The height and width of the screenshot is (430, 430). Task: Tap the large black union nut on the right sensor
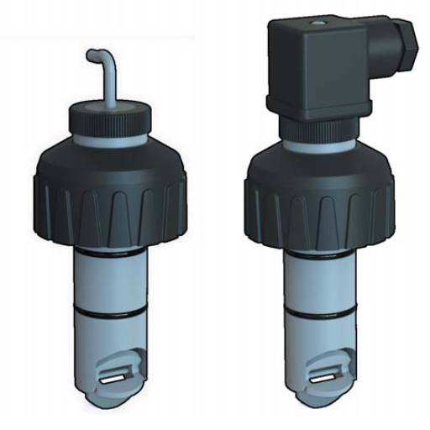coord(319,198)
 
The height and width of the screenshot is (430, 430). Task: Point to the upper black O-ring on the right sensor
coord(320,250)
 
